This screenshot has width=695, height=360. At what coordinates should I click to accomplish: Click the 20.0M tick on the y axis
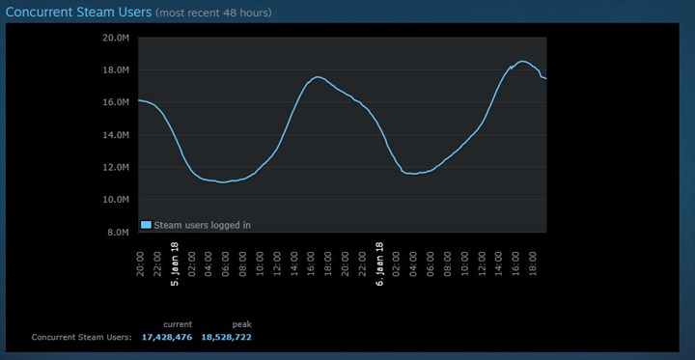tap(115, 38)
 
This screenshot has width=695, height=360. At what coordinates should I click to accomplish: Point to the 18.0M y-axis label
tap(115, 70)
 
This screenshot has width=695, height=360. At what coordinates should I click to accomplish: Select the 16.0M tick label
tap(115, 102)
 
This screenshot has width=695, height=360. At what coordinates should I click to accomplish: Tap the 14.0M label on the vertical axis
tap(115, 135)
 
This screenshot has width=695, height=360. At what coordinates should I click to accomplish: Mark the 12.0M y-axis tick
tap(115, 167)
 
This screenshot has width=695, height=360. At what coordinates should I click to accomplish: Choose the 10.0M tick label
tap(115, 200)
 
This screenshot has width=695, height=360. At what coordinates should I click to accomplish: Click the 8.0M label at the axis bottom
tap(118, 232)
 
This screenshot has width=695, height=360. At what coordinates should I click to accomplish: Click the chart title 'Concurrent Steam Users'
tap(78, 13)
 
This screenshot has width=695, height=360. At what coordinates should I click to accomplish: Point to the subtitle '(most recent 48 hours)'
tap(213, 14)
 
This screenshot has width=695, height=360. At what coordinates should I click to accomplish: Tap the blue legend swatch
tap(146, 224)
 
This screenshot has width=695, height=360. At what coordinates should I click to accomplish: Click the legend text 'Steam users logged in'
tap(203, 224)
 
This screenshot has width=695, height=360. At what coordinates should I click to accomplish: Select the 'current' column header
tap(178, 324)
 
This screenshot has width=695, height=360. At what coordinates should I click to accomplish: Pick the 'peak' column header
tap(241, 324)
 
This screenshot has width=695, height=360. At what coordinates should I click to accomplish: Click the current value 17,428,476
tap(167, 338)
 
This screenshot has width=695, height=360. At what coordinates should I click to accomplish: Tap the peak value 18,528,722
tap(227, 338)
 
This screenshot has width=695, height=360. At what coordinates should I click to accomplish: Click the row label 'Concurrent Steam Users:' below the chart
tap(81, 338)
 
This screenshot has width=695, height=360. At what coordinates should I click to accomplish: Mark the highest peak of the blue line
tap(522, 62)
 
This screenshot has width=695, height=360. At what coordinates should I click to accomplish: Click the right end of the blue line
tap(545, 78)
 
